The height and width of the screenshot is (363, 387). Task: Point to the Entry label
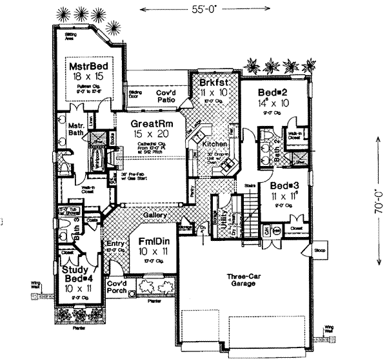tap(115, 244)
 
